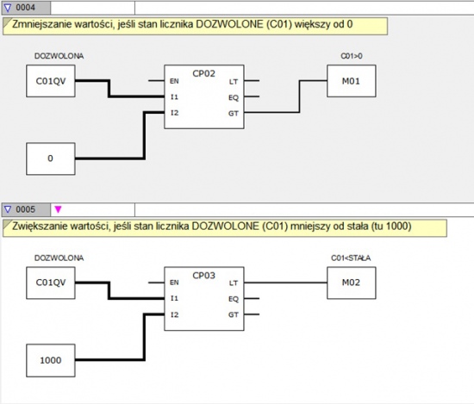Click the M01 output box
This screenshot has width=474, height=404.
(352, 81)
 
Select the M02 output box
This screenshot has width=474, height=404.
(352, 283)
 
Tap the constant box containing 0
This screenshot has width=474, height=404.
(51, 158)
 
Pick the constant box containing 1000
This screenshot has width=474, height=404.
(51, 360)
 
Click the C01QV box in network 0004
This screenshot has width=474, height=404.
(51, 81)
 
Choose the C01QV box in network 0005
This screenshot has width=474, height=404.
(51, 283)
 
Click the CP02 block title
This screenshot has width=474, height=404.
(203, 73)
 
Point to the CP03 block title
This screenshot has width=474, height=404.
(203, 276)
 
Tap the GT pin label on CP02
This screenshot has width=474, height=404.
(233, 114)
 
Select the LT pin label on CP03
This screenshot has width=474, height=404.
(233, 283)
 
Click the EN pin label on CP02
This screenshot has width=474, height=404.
(174, 81)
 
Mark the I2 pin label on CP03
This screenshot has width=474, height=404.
(174, 314)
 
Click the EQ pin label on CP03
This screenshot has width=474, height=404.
(233, 299)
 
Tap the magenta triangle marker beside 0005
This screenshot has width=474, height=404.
(58, 209)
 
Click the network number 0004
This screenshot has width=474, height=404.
(25, 7)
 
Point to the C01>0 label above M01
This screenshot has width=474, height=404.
(352, 56)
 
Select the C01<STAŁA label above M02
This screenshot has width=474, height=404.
(351, 258)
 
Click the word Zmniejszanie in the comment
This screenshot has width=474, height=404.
(41, 24)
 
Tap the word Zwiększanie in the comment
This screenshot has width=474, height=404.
(40, 227)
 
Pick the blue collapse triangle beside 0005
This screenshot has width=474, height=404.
(8, 209)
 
